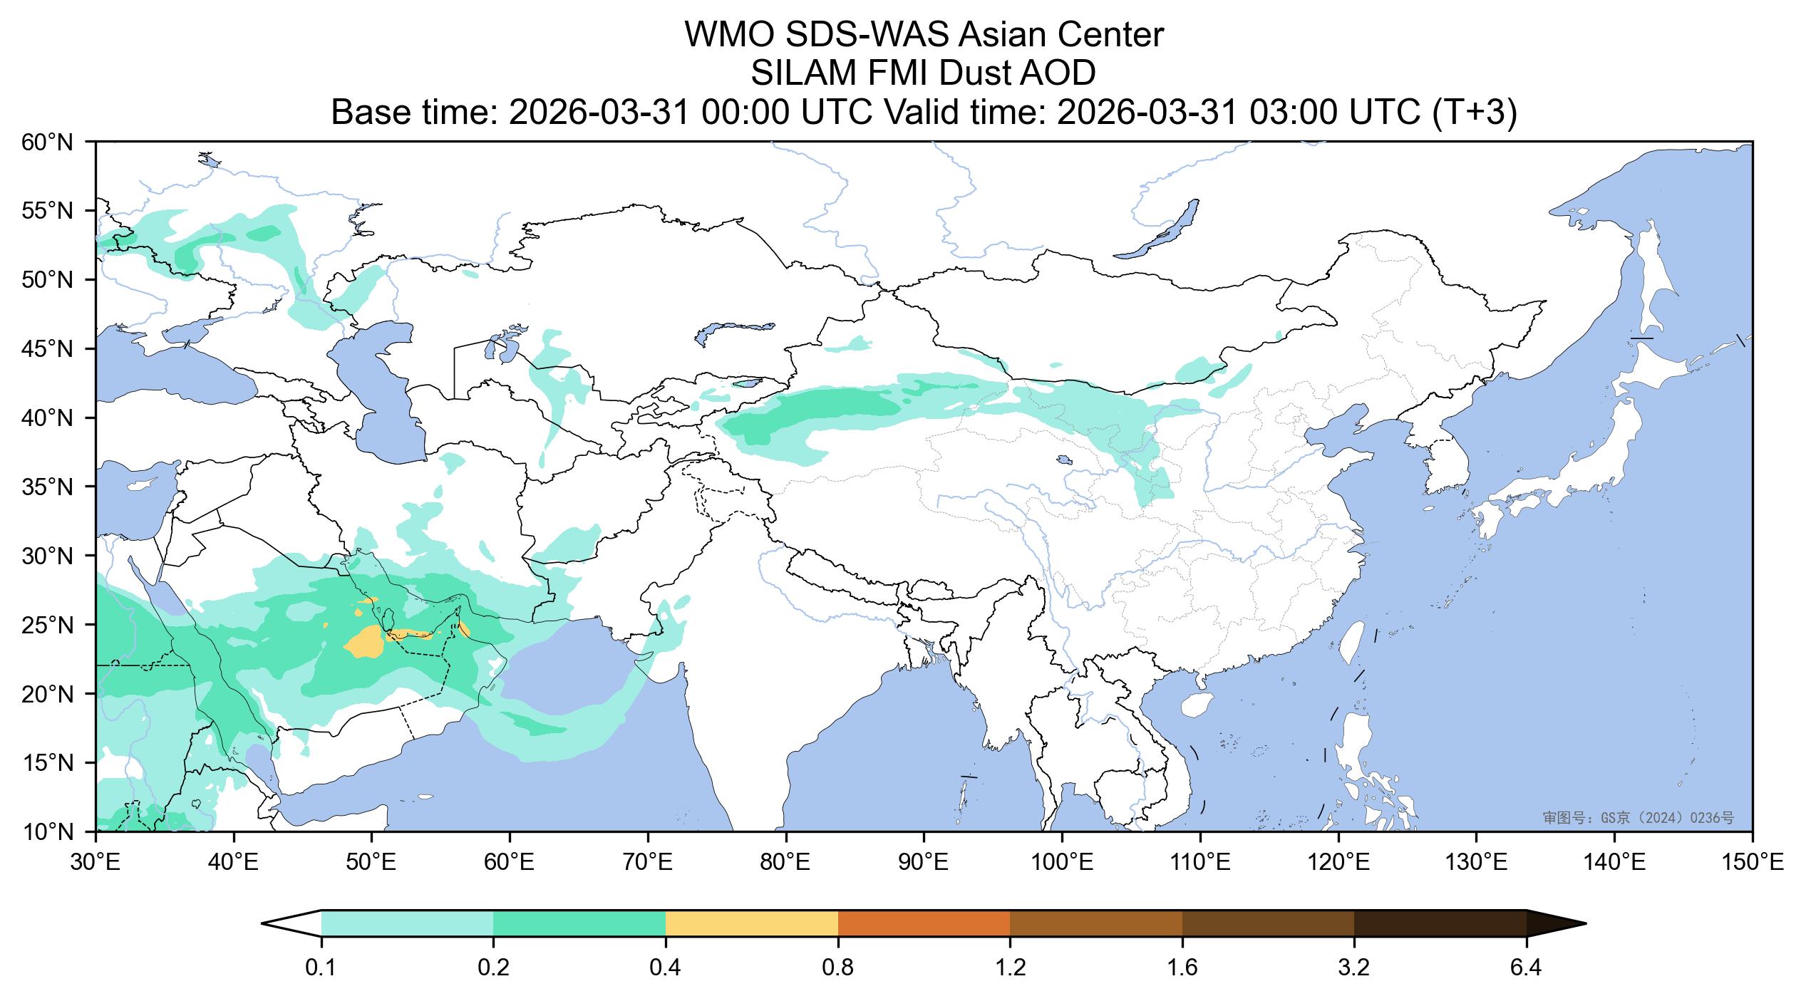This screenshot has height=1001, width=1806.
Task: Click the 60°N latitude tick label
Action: pos(48,143)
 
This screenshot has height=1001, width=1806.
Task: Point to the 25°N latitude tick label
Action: pos(48,626)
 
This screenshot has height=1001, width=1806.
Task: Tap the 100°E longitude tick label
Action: pos(1062,864)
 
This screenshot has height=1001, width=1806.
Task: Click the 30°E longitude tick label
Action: pos(96,864)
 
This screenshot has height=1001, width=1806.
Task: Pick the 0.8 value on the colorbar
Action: pos(838,968)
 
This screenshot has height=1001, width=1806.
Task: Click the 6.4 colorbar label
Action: pos(1526,968)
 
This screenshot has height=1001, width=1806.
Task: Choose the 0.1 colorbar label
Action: pos(321,968)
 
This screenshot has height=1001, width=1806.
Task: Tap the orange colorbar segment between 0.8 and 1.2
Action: pos(924,923)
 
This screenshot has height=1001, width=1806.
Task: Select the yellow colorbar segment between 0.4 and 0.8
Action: pos(751,923)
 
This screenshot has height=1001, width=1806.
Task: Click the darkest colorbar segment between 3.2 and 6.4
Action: pos(1440,923)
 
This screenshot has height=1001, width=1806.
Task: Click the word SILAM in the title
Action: pos(793,73)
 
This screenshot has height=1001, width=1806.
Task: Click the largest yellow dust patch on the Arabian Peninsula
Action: pos(368,641)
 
